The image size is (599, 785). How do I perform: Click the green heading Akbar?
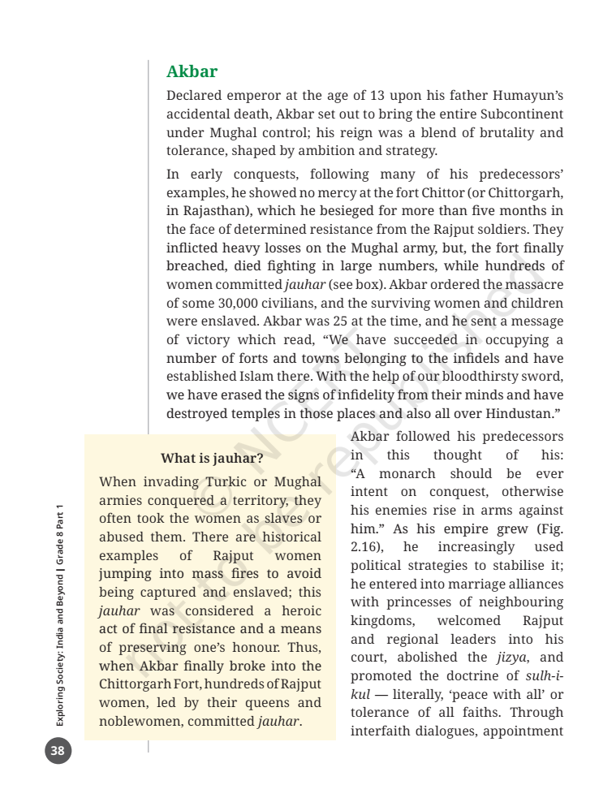click(192, 72)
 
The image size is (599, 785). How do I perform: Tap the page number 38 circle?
click(58, 750)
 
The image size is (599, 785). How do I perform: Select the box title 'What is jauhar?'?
click(212, 459)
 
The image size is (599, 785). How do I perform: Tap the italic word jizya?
click(509, 657)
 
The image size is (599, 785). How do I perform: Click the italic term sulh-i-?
click(542, 675)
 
